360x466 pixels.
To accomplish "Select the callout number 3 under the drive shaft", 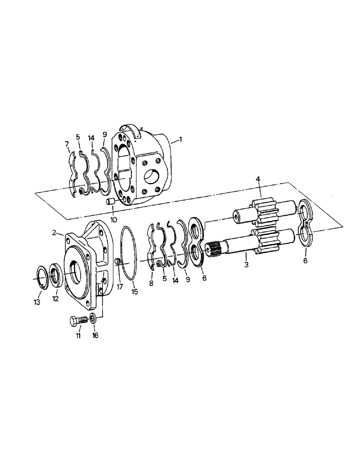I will point(247,265).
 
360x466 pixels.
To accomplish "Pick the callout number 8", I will point(152,282).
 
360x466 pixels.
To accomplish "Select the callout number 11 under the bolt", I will point(78,335).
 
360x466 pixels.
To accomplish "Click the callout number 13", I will point(37,302).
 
